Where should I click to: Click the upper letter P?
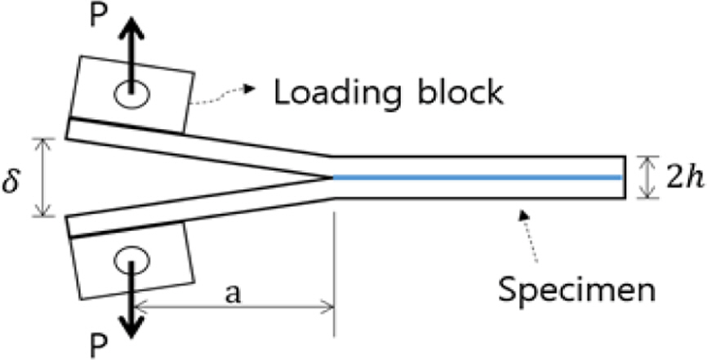98,19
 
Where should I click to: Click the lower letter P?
98,344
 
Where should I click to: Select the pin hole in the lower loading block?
129,264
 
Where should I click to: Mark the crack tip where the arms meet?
330,177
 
